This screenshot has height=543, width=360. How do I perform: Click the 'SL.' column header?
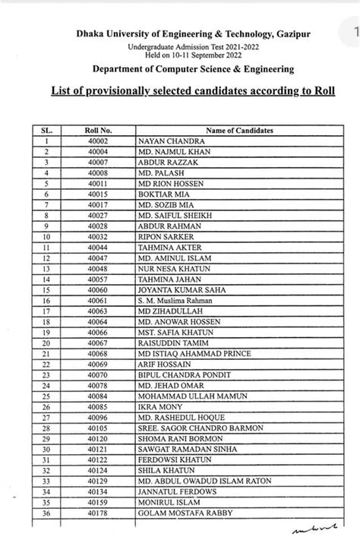[x=46, y=131]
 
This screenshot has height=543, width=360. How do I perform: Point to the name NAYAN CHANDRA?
[x=162, y=141]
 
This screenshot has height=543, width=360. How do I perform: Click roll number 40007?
[x=98, y=163]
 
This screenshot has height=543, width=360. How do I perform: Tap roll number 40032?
[x=98, y=237]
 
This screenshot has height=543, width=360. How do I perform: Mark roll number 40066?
[x=98, y=333]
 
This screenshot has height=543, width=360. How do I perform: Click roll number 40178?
[x=98, y=513]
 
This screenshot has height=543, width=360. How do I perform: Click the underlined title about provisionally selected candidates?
[x=193, y=91]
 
